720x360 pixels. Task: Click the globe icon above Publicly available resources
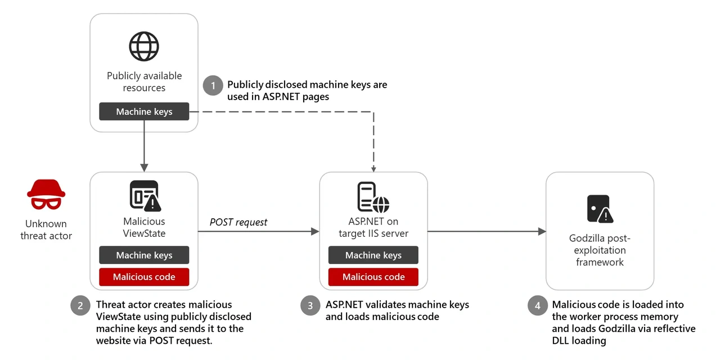click(x=144, y=46)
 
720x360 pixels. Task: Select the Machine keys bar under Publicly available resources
click(x=144, y=111)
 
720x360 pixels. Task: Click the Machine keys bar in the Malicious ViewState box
click(x=144, y=255)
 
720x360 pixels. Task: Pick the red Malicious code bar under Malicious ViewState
click(x=144, y=277)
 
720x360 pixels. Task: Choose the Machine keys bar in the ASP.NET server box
click(x=373, y=255)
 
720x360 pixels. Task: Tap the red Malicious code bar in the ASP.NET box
click(x=373, y=277)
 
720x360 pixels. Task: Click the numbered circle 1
click(x=213, y=85)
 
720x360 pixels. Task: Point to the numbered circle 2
click(x=81, y=305)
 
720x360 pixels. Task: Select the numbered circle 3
click(x=310, y=305)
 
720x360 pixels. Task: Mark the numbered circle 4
click(x=538, y=305)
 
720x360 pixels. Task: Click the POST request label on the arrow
click(x=238, y=222)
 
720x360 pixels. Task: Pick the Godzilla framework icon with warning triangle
click(x=600, y=209)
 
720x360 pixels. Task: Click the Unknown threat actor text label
click(x=46, y=229)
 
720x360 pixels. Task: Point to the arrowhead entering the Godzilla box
click(x=542, y=231)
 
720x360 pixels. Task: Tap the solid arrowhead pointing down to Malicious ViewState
click(x=144, y=168)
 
